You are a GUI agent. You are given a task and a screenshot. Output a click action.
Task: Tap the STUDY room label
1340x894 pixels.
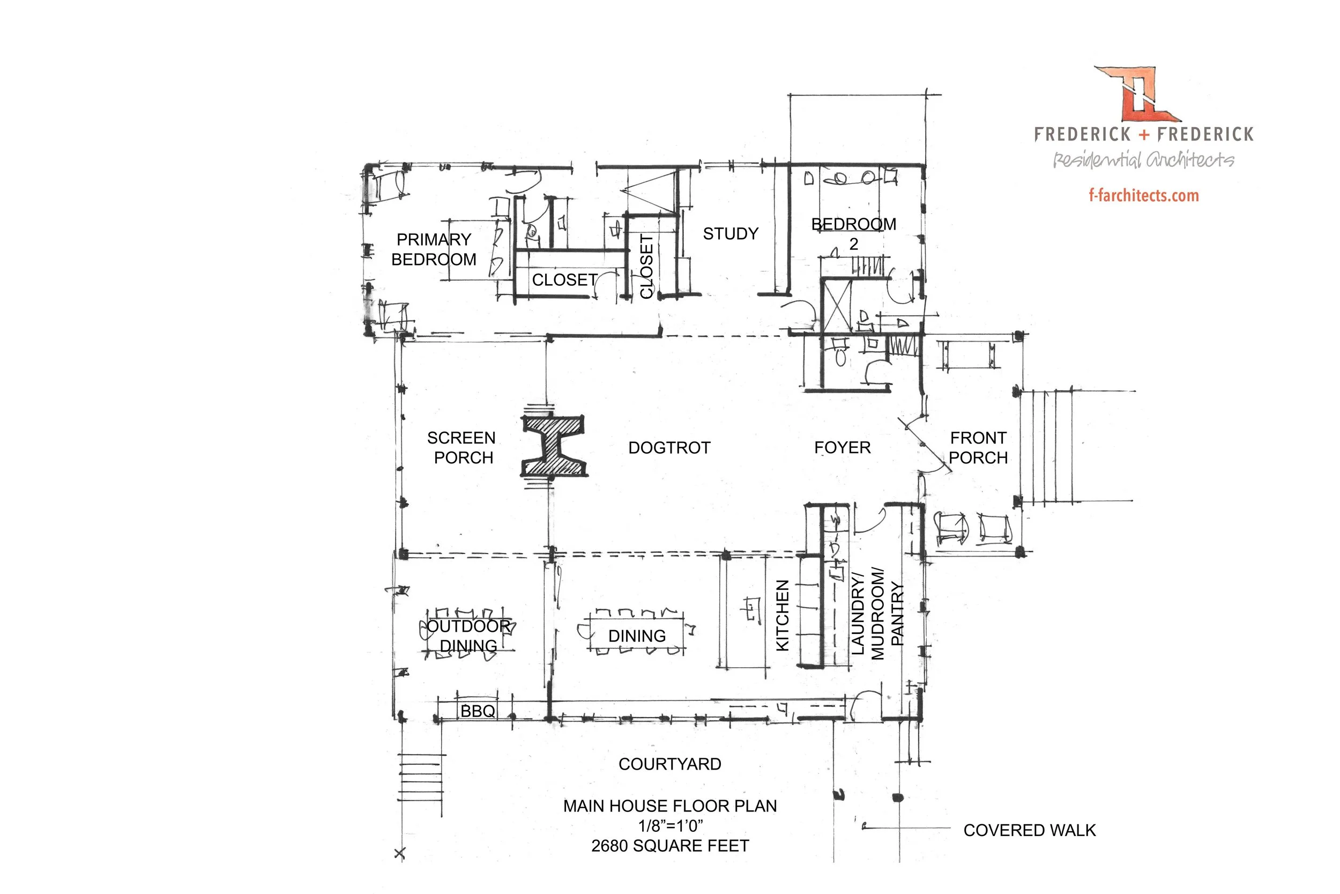pos(731,234)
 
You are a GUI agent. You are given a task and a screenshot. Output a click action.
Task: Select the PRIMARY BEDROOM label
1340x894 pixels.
pos(434,249)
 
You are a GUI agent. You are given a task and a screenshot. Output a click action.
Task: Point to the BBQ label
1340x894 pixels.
pos(478,711)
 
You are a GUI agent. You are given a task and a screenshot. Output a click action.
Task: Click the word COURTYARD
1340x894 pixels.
pos(670,764)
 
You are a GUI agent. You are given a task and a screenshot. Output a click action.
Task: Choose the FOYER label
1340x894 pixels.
pos(842,448)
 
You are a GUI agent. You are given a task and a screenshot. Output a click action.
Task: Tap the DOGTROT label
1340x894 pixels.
pos(669,448)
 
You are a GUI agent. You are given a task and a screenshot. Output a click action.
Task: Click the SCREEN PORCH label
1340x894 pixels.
pos(462,448)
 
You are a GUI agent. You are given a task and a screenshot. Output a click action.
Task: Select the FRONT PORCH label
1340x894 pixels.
pos(978,448)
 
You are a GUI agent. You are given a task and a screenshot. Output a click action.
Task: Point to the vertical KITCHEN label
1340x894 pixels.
pos(783,615)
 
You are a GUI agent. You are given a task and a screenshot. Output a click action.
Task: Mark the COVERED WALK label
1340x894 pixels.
pos(1030,830)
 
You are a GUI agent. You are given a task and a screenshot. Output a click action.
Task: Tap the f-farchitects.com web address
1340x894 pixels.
pos(1143,196)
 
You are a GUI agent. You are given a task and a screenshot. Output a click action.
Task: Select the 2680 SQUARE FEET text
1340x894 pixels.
pos(670,846)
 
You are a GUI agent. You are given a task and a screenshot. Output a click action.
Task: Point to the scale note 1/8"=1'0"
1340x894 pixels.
pos(671,825)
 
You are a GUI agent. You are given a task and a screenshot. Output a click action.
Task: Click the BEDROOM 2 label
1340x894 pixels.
pos(853,234)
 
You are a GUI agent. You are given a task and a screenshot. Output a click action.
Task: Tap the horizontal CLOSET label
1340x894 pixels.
pos(564,280)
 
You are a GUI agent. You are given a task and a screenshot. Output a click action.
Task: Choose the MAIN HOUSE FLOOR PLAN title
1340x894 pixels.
pos(670,806)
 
